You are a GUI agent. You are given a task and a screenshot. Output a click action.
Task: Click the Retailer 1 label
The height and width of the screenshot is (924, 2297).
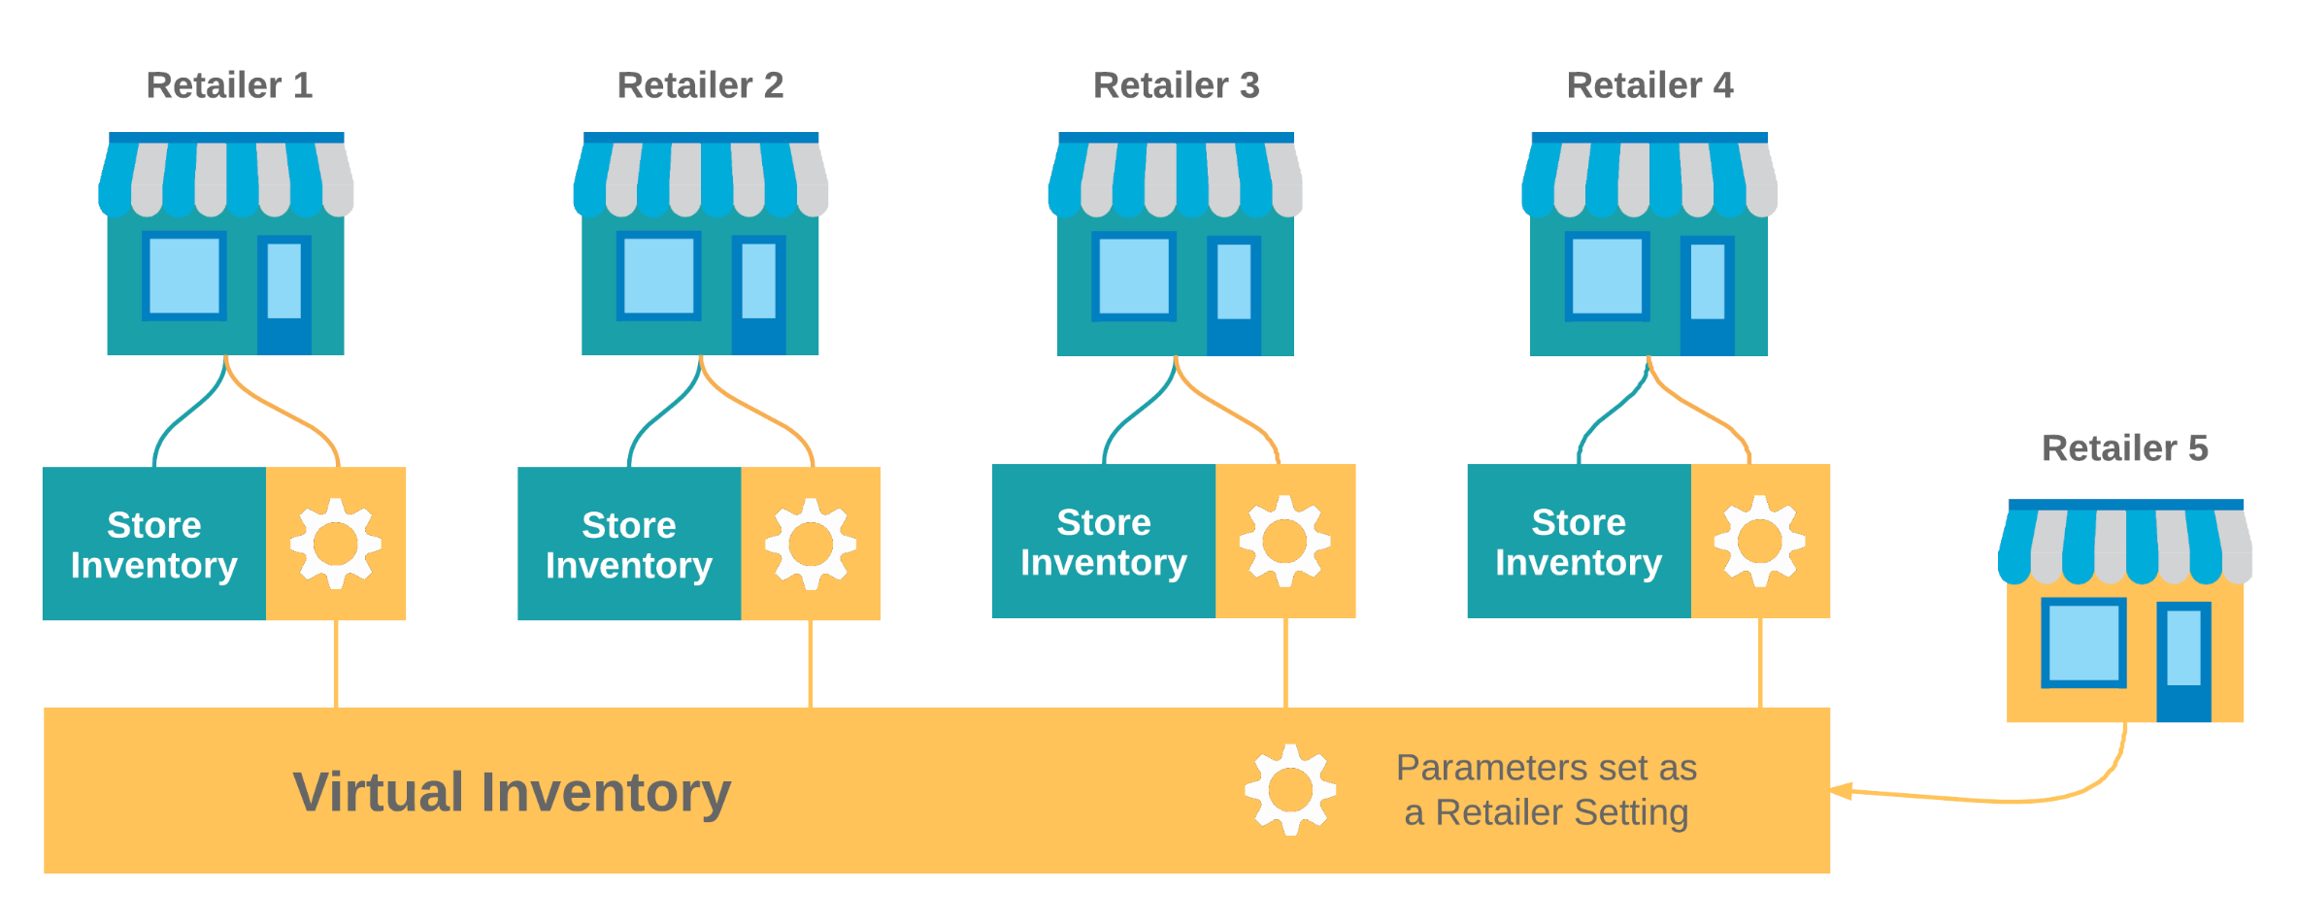tap(229, 85)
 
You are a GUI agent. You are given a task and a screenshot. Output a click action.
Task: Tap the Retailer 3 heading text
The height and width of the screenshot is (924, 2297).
tap(1176, 85)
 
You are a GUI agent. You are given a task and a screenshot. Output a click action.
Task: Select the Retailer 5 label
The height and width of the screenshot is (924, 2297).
tap(2124, 448)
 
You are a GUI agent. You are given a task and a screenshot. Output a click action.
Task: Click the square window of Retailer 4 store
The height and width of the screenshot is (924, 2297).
tap(1607, 277)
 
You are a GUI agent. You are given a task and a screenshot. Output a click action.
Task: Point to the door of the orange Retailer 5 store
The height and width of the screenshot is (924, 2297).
tap(2183, 660)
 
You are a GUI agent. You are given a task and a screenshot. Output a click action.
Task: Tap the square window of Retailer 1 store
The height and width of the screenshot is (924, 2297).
tap(184, 276)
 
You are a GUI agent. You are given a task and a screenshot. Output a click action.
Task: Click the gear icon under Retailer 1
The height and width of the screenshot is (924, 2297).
tap(336, 544)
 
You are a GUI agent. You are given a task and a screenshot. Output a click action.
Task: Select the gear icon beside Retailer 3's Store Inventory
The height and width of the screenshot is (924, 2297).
tap(1284, 541)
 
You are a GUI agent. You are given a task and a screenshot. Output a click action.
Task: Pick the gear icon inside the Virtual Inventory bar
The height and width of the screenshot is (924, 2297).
tap(1290, 790)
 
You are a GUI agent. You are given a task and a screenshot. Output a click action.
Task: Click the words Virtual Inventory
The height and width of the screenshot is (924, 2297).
tap(512, 792)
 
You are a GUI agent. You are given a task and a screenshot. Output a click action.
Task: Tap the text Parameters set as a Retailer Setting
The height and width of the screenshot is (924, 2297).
tap(1546, 790)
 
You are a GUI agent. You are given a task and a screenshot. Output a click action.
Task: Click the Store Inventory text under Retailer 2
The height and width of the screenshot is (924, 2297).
tap(629, 544)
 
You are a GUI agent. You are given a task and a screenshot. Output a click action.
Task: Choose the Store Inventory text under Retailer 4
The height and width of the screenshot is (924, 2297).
tap(1579, 542)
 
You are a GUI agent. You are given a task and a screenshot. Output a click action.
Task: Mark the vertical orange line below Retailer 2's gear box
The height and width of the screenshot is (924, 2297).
tap(811, 664)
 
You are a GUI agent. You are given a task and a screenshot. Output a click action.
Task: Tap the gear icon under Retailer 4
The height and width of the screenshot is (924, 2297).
tap(1759, 541)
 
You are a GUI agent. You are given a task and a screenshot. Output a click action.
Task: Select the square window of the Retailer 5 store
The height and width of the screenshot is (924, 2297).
tap(2083, 643)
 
